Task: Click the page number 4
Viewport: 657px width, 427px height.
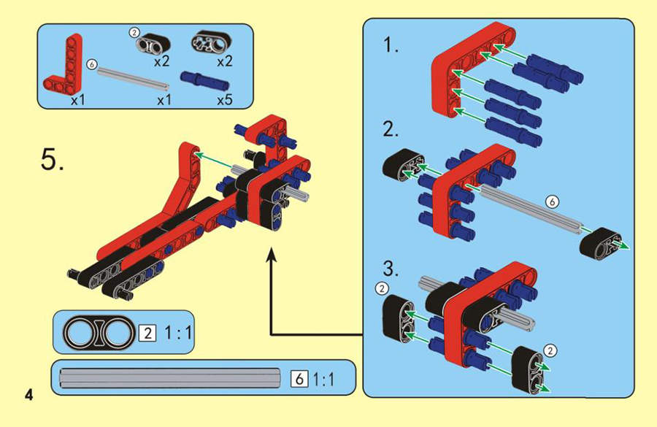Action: (x=28, y=395)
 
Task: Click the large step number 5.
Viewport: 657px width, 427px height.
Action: (x=53, y=159)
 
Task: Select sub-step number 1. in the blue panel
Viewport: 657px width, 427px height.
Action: (x=391, y=45)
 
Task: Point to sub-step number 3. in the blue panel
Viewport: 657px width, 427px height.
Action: (x=391, y=269)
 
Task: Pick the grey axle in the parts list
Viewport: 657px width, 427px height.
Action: (x=134, y=78)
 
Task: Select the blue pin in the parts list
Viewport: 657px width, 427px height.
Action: (x=204, y=80)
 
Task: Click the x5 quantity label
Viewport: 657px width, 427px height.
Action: (x=224, y=100)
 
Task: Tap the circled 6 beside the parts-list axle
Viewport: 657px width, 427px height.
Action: (x=92, y=65)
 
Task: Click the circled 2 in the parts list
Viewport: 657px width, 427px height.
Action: (x=134, y=32)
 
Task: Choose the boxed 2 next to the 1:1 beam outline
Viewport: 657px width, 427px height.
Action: (x=147, y=334)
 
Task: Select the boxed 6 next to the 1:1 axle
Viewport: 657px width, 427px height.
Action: (x=299, y=379)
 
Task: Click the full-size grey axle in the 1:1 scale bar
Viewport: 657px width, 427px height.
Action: (x=170, y=377)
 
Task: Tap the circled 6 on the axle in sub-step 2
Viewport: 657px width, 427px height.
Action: (x=553, y=202)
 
